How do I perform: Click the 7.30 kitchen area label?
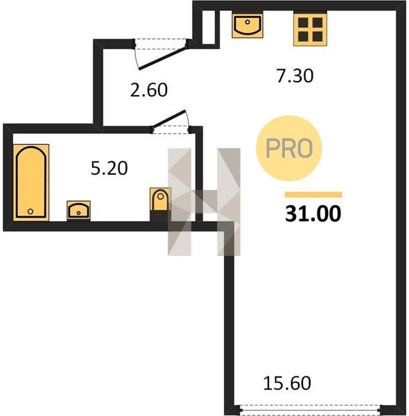pyautogui.click(x=295, y=76)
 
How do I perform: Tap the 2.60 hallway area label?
pyautogui.click(x=149, y=90)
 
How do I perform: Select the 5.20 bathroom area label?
pyautogui.click(x=109, y=168)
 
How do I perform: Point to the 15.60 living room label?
pyautogui.click(x=287, y=383)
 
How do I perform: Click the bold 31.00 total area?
pyautogui.click(x=313, y=214)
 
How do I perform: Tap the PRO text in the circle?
pyautogui.click(x=289, y=148)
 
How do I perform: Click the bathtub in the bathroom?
pyautogui.click(x=31, y=182)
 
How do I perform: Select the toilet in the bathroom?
pyautogui.click(x=160, y=200)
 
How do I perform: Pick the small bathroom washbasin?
pyautogui.click(x=78, y=210)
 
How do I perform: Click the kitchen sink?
pyautogui.click(x=247, y=26)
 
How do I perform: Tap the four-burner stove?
pyautogui.click(x=310, y=29)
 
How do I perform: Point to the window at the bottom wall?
pyautogui.click(x=311, y=409)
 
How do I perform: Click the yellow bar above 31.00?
pyautogui.click(x=313, y=194)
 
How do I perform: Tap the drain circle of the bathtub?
pyautogui.click(x=31, y=211)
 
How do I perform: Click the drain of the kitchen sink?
pyautogui.click(x=247, y=22)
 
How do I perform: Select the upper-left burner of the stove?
pyautogui.click(x=303, y=23)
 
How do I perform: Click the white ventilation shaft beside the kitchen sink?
pyautogui.click(x=209, y=27)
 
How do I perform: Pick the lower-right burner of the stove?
pyautogui.click(x=317, y=37)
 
